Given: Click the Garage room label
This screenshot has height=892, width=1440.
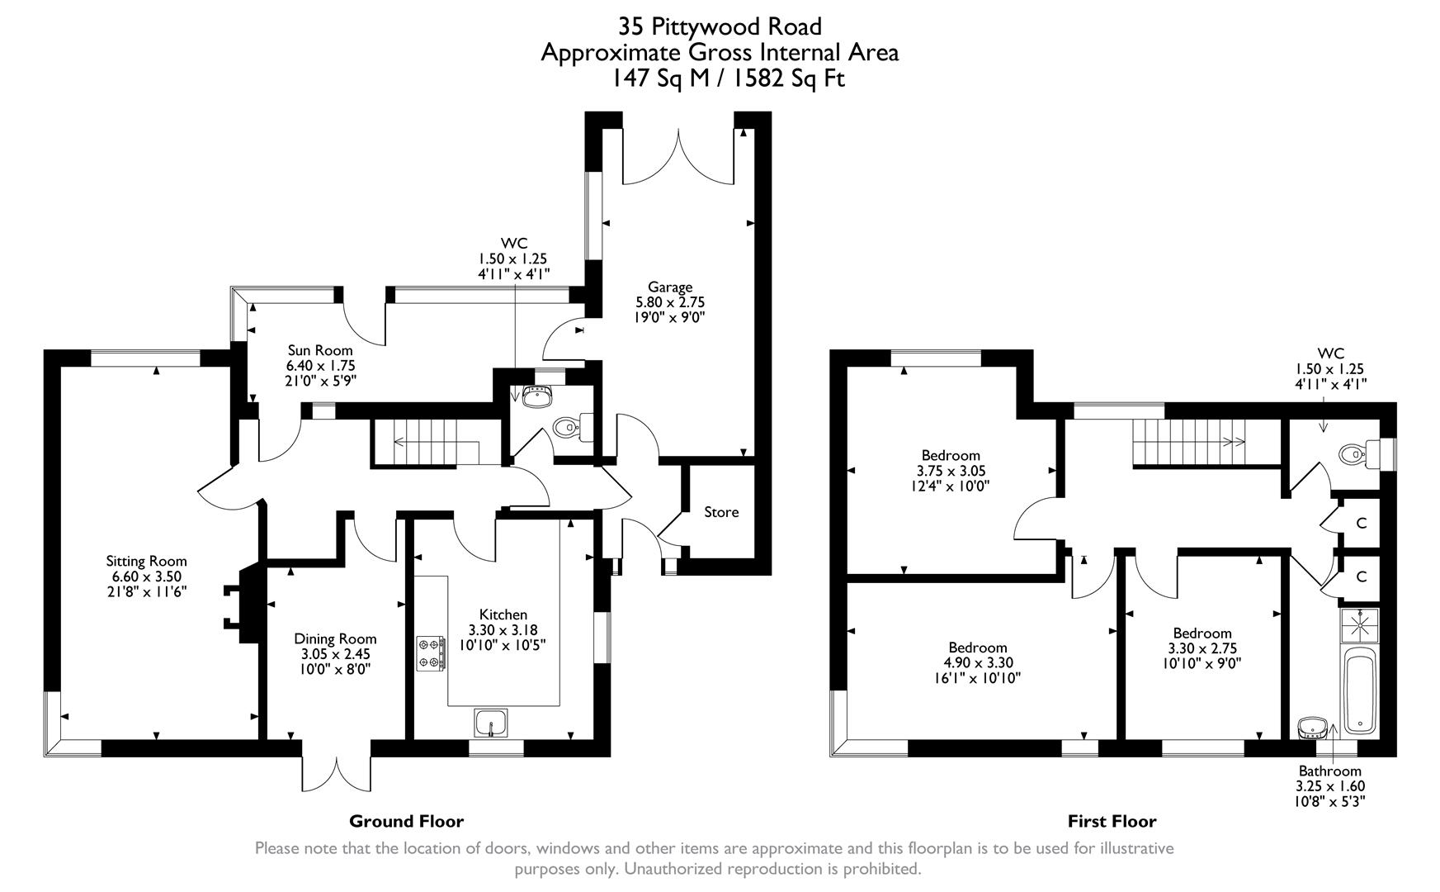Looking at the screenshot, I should [x=669, y=287].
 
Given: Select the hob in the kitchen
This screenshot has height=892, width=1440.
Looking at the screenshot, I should [x=429, y=653].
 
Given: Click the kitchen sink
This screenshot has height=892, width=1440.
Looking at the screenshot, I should [x=491, y=723].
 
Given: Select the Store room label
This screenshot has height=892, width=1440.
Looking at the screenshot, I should [x=721, y=512].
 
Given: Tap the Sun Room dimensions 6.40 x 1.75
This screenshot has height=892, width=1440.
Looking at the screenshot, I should [x=320, y=365].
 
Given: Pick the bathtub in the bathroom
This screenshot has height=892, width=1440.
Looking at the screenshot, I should [x=1358, y=691].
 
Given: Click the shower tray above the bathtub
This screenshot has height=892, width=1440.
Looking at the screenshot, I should [x=1358, y=625].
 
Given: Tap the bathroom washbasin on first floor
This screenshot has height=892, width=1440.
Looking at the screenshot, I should [x=1311, y=728].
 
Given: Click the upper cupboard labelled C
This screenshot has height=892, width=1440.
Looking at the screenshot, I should [x=1362, y=523].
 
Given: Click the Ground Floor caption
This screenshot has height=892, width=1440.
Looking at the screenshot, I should [x=406, y=821].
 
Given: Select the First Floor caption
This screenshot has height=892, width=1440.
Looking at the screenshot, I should [x=1112, y=821].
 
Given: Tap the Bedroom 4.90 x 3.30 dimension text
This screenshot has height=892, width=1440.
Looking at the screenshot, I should [x=978, y=662].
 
